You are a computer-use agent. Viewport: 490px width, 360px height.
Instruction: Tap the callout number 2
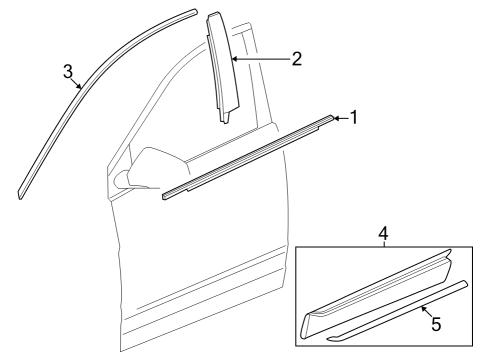[296, 59]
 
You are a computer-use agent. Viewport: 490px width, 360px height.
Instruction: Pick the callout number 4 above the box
[383, 233]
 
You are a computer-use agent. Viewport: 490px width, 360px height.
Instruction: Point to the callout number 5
[433, 326]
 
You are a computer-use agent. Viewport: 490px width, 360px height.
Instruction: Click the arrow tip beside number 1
[333, 118]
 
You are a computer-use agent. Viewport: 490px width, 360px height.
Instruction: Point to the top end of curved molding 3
[193, 12]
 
